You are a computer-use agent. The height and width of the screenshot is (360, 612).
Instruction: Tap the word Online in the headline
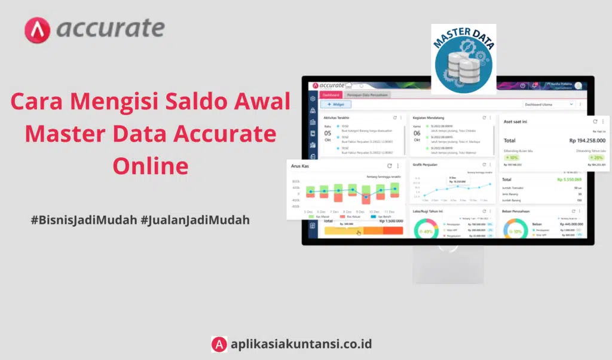pos(150,166)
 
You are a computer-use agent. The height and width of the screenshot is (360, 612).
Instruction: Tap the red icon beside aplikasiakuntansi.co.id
pos(219,344)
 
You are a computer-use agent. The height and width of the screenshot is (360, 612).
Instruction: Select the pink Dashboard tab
pos(331,94)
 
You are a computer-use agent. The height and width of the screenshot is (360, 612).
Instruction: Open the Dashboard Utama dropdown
pos(547,104)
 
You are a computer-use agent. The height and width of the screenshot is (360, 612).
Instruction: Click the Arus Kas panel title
pos(299,166)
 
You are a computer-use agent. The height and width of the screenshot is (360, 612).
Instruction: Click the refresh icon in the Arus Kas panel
pos(390,166)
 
